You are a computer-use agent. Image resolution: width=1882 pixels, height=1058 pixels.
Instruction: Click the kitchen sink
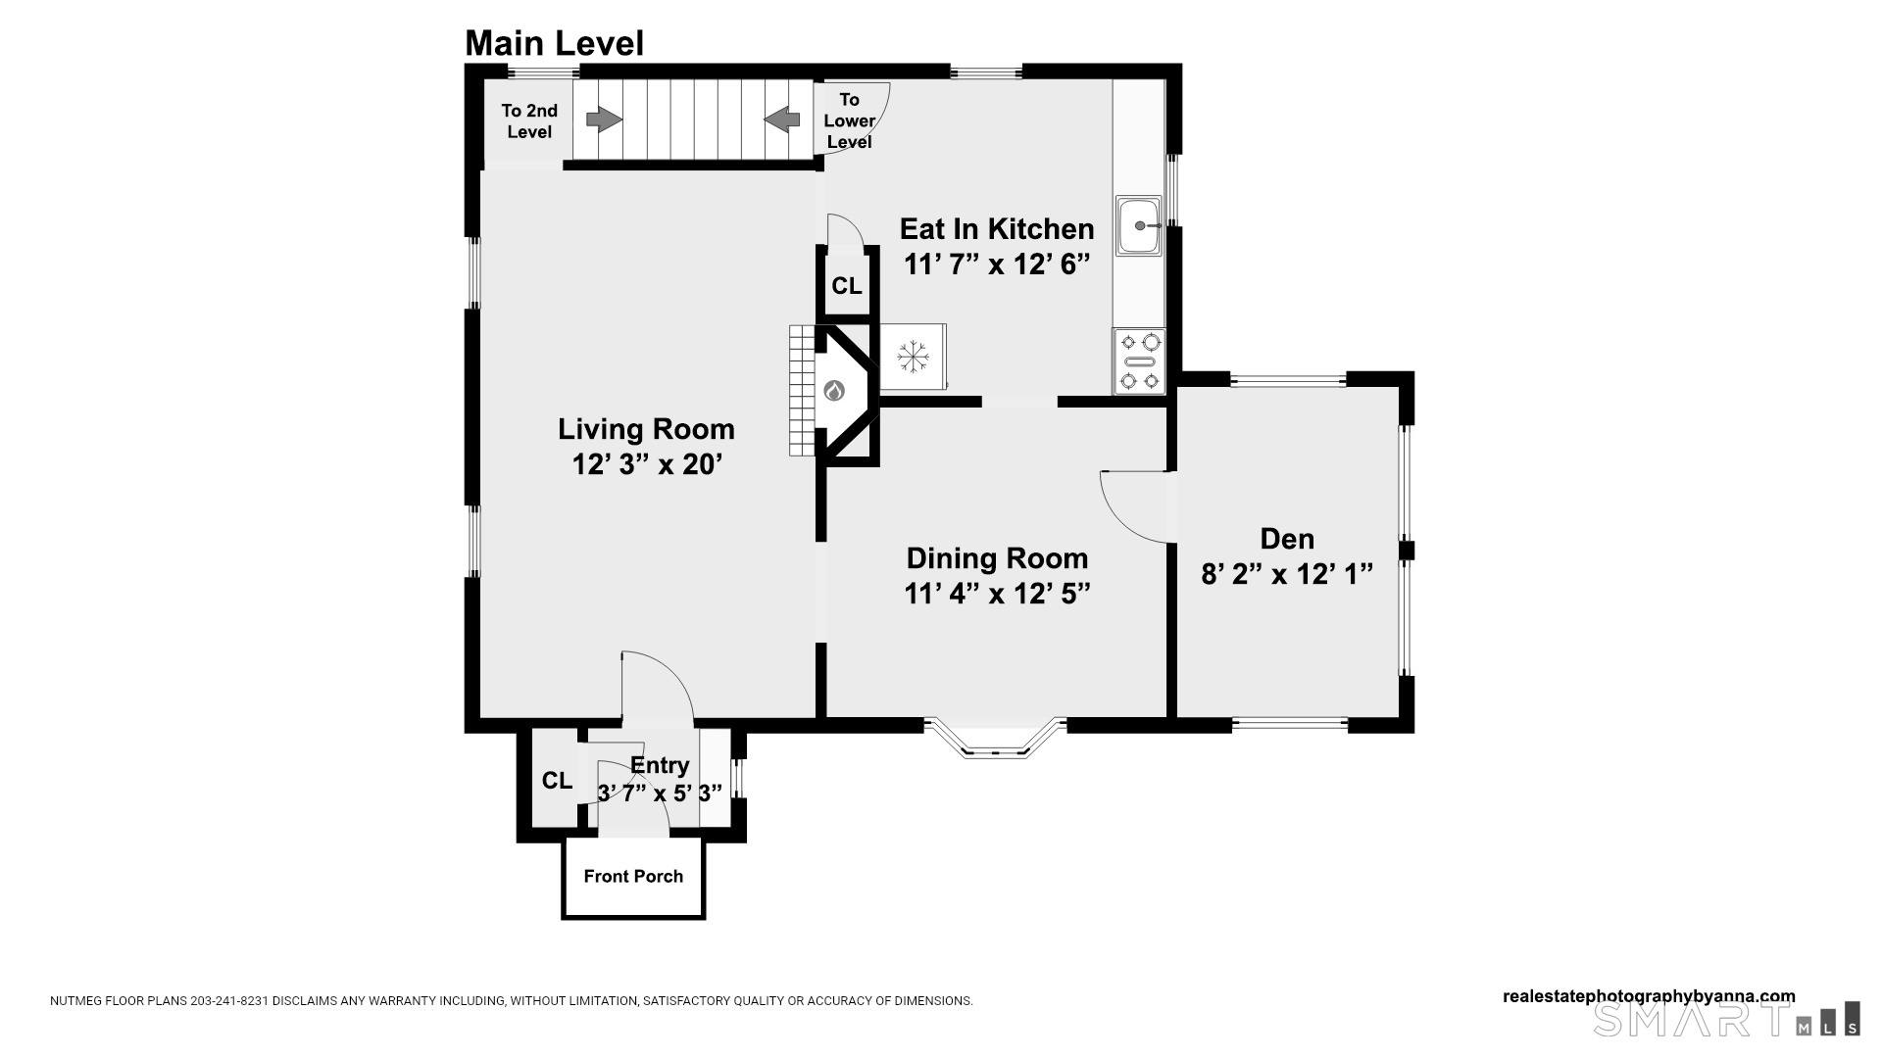click(x=1139, y=225)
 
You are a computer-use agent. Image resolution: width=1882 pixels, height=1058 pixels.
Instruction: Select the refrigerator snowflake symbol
click(x=913, y=356)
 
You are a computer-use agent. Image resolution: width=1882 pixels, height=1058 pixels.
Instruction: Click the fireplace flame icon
click(x=834, y=391)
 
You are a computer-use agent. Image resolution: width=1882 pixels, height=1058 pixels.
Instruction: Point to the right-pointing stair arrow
click(x=604, y=120)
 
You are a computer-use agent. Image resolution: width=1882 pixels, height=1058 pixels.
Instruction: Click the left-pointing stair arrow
click(x=781, y=120)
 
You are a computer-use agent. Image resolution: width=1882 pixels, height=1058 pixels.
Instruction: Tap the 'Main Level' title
click(x=554, y=43)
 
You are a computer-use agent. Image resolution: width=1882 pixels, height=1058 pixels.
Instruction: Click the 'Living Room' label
click(x=646, y=429)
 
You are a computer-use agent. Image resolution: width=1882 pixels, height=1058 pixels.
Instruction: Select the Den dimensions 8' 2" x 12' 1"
click(x=1287, y=574)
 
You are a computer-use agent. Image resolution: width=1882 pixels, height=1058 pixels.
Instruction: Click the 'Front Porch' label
click(x=633, y=876)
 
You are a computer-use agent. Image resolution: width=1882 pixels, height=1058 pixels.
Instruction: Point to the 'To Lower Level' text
click(x=849, y=120)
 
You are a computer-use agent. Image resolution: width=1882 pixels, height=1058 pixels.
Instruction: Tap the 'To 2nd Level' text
click(x=529, y=121)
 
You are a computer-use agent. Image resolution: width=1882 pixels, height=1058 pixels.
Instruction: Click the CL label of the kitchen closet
click(x=847, y=286)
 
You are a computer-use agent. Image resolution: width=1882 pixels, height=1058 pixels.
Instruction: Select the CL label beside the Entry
click(x=557, y=781)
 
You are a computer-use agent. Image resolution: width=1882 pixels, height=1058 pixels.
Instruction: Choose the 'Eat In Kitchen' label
click(x=997, y=229)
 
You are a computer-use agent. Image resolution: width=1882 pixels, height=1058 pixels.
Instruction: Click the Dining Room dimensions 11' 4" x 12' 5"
click(x=997, y=594)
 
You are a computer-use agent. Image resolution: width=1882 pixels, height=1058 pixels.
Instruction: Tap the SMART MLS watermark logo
click(x=1726, y=1019)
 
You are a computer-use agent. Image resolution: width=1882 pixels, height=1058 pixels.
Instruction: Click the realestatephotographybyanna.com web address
click(x=1649, y=996)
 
